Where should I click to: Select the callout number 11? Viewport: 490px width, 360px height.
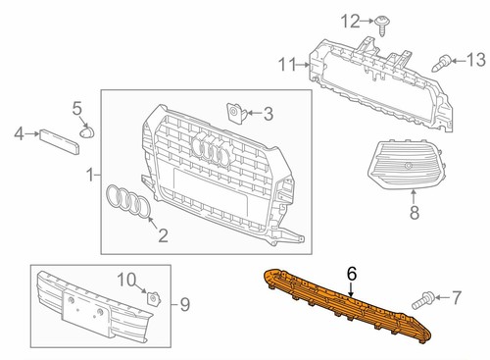[x=285, y=66]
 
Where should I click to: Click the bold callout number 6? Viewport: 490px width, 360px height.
[x=353, y=277]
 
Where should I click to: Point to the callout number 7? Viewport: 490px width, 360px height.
[x=455, y=295]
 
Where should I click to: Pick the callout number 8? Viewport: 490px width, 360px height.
[x=413, y=211]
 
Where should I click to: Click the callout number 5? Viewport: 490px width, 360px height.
[x=77, y=107]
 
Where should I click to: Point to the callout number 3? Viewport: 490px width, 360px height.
[x=267, y=114]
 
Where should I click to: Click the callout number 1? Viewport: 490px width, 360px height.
[x=90, y=176]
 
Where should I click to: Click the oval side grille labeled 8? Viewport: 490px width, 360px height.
[x=404, y=170]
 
